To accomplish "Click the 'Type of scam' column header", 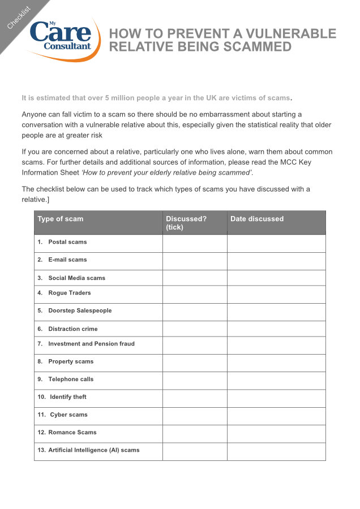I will [61, 219].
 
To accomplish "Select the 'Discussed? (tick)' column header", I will [186, 223].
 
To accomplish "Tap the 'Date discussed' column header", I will [257, 219].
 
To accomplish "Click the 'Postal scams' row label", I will [67, 242].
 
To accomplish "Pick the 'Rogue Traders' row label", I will [69, 293].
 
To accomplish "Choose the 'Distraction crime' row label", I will [72, 329].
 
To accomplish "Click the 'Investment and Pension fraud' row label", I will [91, 343].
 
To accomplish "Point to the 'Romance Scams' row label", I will [72, 432].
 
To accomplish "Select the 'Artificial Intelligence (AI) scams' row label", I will [93, 450].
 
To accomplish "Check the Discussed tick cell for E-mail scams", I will [195, 261].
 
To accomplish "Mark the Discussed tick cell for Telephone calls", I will [195, 380].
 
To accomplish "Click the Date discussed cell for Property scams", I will [276, 363].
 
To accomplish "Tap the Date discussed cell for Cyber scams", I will [276, 416].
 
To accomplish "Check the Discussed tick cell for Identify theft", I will [195, 398].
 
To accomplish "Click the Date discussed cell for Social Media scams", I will [276, 278].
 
